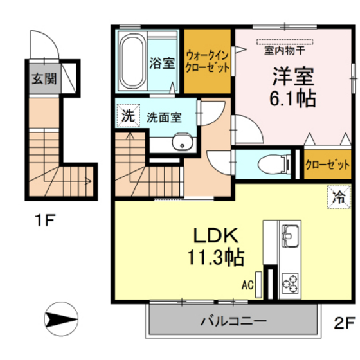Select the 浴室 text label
click(162, 63)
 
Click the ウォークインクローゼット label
click(207, 61)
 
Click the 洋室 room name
click(292, 77)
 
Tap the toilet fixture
click(271, 165)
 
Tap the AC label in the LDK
click(248, 283)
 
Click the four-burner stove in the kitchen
click(289, 282)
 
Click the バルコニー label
click(233, 319)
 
